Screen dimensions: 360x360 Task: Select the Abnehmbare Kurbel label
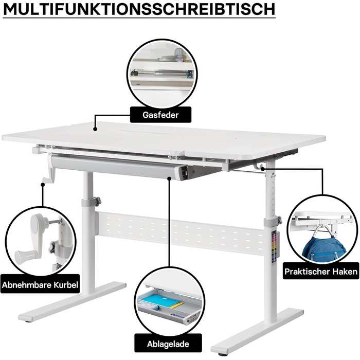(x=40, y=284)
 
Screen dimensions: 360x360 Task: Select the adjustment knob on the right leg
(x=279, y=221)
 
